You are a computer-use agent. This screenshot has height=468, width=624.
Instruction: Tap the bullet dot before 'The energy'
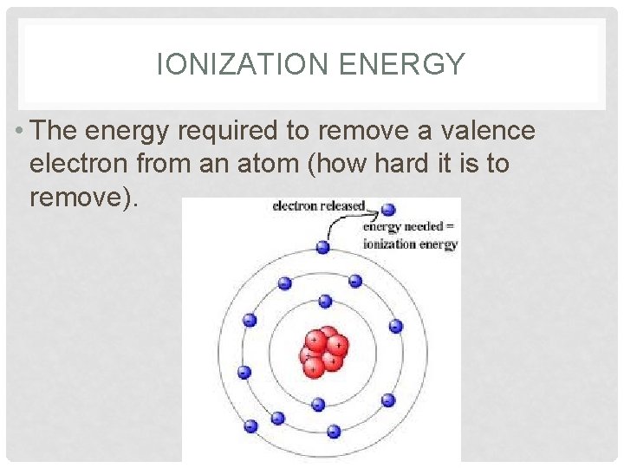coord(19,132)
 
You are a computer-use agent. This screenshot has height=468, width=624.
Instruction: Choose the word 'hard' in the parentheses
coord(401,163)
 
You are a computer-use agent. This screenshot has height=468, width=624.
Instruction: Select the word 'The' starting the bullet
coord(58,131)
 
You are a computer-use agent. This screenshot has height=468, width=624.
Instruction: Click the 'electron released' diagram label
coord(320,206)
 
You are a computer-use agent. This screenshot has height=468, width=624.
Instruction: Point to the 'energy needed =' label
coord(410,228)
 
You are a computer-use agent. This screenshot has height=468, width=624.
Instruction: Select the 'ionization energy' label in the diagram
coord(410,244)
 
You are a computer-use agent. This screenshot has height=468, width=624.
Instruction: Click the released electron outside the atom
coord(388,210)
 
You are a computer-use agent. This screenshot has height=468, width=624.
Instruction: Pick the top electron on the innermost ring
coord(325,302)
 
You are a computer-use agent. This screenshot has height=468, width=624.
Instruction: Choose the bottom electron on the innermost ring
coord(318,404)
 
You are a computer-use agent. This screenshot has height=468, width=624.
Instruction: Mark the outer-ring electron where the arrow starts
coord(322,247)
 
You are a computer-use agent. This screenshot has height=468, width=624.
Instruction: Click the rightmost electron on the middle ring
coord(396,326)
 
